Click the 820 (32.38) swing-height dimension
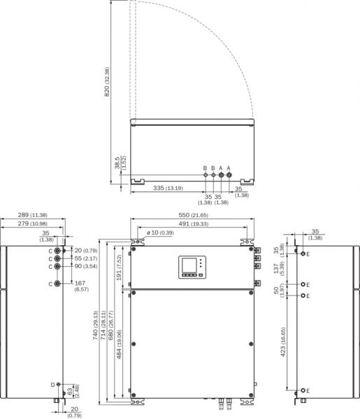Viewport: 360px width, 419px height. pos(107,82)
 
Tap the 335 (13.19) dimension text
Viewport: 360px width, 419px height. pos(168,188)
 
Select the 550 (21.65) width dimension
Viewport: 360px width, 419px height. pos(193,215)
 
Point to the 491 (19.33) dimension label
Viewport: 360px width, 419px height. pos(193,224)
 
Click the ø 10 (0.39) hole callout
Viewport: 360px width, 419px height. pos(160,233)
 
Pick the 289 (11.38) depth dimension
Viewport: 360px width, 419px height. pos(32,215)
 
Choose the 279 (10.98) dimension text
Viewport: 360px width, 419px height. pos(32,223)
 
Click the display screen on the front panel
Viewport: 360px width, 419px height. pos(189,265)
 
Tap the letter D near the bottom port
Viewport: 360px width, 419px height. pos(52,385)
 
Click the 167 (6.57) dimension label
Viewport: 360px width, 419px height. pos(82,286)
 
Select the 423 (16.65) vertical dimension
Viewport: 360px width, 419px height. pos(284,341)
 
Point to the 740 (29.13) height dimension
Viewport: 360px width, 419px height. pos(96,325)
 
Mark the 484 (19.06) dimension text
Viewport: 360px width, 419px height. pos(119,344)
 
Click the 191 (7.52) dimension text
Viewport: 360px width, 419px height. pos(119,267)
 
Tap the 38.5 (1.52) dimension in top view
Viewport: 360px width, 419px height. pos(120,163)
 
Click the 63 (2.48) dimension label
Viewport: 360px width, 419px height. pos(73,392)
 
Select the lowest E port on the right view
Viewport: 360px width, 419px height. pos(303,390)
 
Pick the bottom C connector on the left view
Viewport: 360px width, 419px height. pos(57,284)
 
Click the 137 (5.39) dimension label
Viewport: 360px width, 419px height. pos(279,268)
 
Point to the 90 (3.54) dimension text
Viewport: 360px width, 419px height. pos(86,267)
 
